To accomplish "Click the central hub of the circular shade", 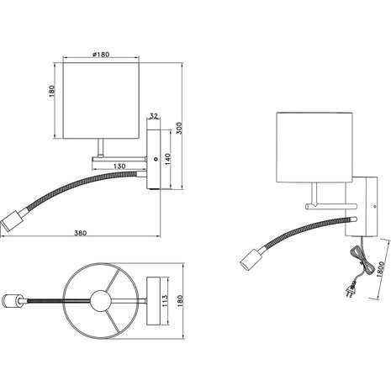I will (101, 299).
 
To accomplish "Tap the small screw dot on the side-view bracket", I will (156, 157).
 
